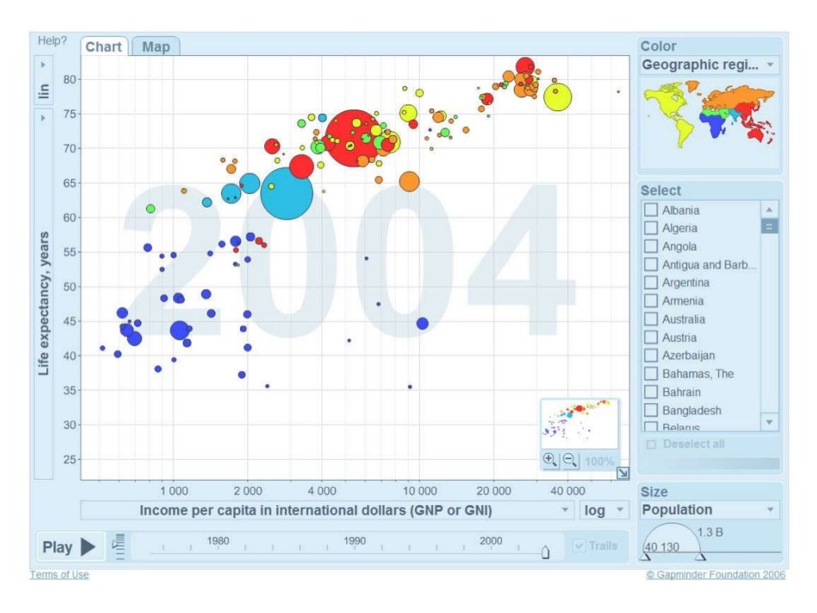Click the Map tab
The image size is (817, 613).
156,47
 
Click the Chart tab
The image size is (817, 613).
104,47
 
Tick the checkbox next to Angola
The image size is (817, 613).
651,246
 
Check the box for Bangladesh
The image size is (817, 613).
651,410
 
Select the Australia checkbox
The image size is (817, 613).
651,319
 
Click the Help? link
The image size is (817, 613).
52,41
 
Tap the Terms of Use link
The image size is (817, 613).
59,575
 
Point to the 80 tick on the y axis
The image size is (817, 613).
69,79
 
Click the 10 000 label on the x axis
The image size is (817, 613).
420,491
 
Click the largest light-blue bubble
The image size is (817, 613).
286,193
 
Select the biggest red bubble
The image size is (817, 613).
353,139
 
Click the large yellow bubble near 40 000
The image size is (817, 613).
558,97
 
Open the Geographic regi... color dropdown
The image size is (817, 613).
709,65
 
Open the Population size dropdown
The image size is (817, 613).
709,510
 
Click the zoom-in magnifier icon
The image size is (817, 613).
551,460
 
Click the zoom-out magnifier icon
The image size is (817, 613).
570,461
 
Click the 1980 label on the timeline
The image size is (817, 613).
218,541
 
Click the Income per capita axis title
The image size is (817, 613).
316,510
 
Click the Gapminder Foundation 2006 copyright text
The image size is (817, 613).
716,575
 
